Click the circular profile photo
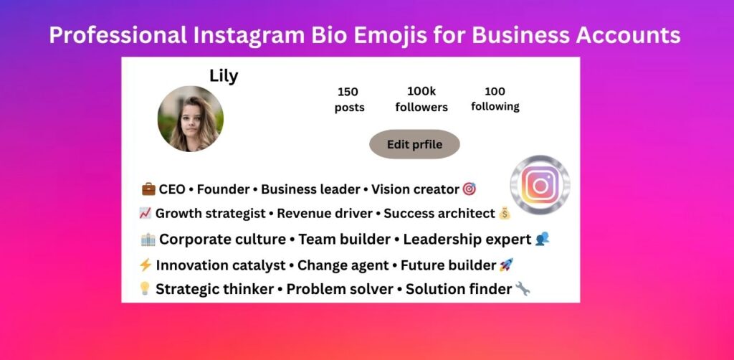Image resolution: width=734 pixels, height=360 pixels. click(x=190, y=118)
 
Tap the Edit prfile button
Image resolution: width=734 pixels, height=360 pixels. click(x=414, y=144)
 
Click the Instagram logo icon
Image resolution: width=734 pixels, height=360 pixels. click(x=540, y=185)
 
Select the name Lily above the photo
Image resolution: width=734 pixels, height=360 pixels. click(x=224, y=76)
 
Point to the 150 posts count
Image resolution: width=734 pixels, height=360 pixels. click(x=349, y=100)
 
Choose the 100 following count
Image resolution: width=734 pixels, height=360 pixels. click(x=495, y=99)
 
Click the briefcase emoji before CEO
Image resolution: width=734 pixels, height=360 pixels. click(x=148, y=189)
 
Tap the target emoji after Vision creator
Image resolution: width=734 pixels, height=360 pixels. click(x=470, y=189)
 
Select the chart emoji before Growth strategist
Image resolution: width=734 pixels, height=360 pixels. click(x=145, y=213)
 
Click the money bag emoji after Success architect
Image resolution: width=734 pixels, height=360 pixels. click(x=505, y=213)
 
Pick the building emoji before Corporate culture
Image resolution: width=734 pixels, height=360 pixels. click(x=148, y=240)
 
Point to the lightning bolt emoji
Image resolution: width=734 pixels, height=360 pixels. click(x=146, y=265)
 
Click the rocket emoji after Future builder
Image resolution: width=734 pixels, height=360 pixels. click(x=507, y=265)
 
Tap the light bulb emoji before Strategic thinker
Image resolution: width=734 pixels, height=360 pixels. click(x=145, y=289)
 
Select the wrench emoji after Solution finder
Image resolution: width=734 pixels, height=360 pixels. click(x=523, y=289)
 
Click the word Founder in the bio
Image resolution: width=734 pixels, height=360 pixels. click(x=223, y=189)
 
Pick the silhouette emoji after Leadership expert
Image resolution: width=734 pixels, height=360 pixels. click(x=542, y=240)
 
